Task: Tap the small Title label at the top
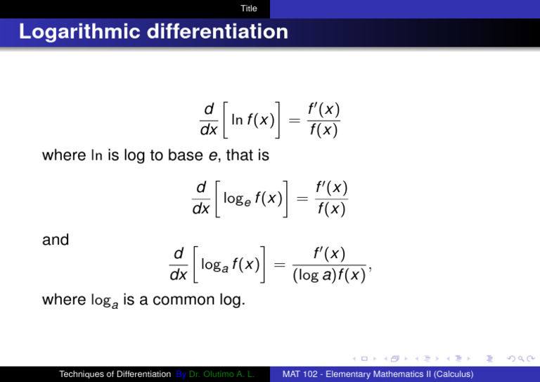click(x=248, y=8)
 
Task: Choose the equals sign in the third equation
click(x=279, y=265)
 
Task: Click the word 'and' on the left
click(x=56, y=240)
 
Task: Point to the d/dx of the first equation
click(x=209, y=120)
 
